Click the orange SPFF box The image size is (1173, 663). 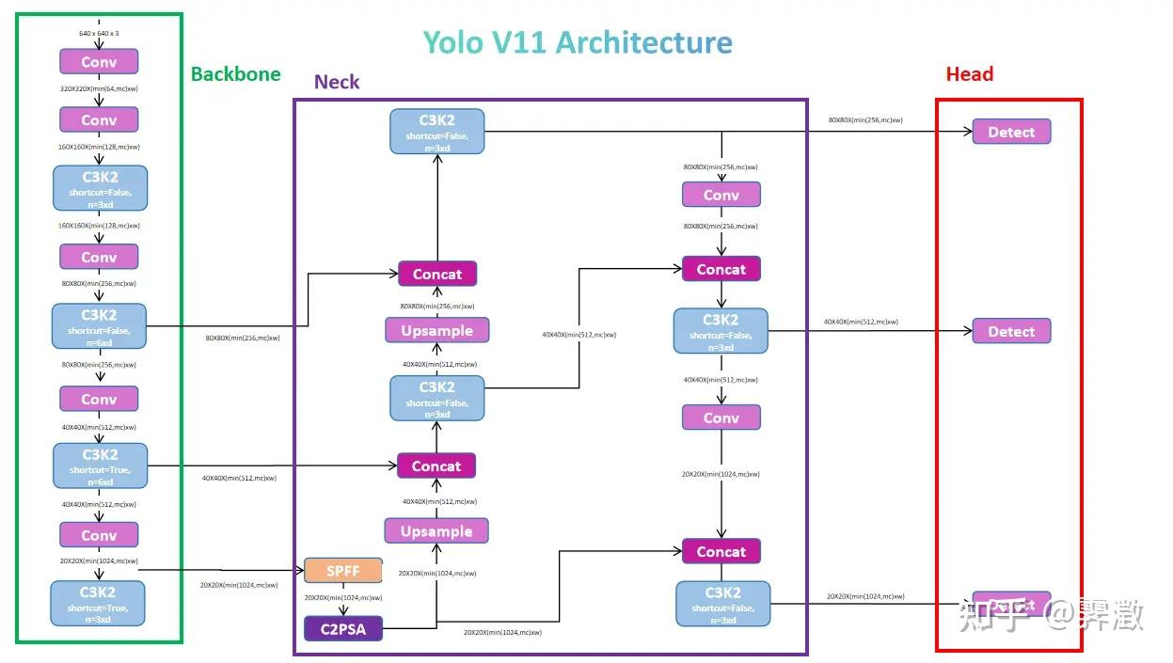click(x=342, y=571)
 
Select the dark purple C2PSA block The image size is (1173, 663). click(x=342, y=628)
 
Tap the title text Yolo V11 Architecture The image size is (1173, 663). click(x=577, y=43)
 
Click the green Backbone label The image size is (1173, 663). click(x=235, y=74)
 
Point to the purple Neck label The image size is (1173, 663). click(x=337, y=82)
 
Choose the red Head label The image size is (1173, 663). click(x=969, y=74)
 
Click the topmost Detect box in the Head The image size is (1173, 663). click(x=1011, y=133)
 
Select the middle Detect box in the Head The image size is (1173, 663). click(x=1011, y=332)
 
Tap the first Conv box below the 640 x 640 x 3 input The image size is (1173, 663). click(x=99, y=62)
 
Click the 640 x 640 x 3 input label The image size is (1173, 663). click(x=99, y=34)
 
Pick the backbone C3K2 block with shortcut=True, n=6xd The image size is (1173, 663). click(x=100, y=466)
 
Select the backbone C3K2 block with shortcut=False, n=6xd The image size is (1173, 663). click(x=99, y=326)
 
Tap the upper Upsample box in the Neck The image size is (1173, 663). click(x=436, y=331)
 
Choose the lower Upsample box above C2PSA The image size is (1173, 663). click(x=436, y=531)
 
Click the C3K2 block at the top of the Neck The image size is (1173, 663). click(x=436, y=132)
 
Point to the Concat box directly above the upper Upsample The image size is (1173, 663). click(x=436, y=275)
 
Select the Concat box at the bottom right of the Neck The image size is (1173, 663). click(x=721, y=552)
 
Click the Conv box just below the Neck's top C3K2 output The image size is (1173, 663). click(x=721, y=196)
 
